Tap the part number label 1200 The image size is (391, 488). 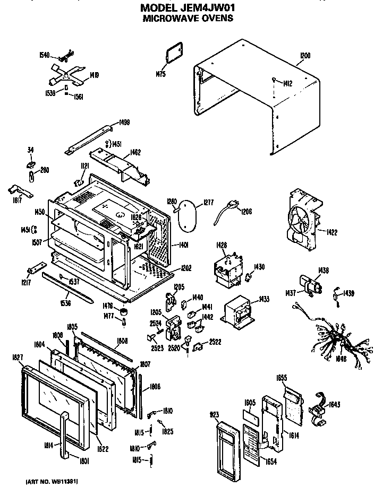pos(304,55)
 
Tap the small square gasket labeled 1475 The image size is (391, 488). pos(173,56)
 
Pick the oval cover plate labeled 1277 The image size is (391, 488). pos(188,215)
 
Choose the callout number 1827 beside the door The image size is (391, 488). pos(17,358)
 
